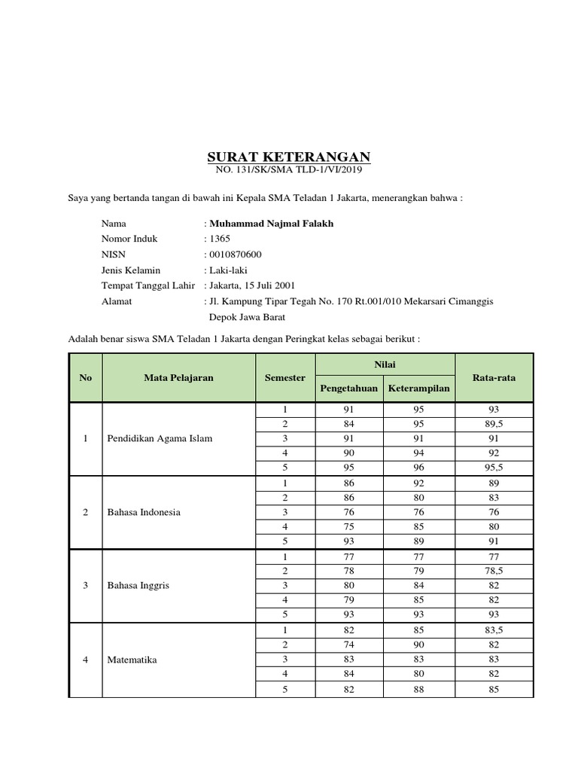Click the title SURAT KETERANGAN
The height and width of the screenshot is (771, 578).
pos(289,157)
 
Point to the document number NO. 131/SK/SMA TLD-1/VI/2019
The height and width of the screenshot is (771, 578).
pos(289,171)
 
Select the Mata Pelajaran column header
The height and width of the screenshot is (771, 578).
pos(178,377)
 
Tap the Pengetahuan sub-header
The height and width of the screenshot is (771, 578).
pos(349,389)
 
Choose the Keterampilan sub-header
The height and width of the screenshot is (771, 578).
pos(418,389)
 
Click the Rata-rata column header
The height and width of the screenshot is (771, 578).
pos(494,377)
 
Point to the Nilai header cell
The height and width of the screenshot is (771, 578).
pos(385,364)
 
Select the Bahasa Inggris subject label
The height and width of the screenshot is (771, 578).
pos(138,585)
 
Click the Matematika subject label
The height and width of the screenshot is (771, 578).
pos(132,659)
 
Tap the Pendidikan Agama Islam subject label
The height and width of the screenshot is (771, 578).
pos(160,438)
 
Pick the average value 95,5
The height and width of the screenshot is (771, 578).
pos(494,467)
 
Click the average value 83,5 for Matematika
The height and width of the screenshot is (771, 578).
pos(494,629)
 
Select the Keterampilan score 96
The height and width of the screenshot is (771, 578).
pos(418,467)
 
